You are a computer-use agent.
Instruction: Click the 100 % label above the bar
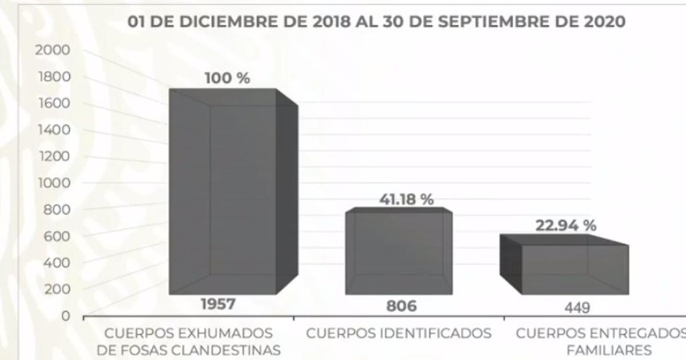[228, 78]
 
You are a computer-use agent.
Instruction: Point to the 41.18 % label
[406, 200]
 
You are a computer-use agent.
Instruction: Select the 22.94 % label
[565, 225]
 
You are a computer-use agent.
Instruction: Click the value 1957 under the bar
[217, 305]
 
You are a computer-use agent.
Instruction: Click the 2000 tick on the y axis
[53, 50]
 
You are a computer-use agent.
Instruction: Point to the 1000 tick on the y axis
[53, 183]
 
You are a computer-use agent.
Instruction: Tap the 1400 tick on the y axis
[53, 130]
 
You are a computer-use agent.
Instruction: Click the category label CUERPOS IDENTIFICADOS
[399, 333]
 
